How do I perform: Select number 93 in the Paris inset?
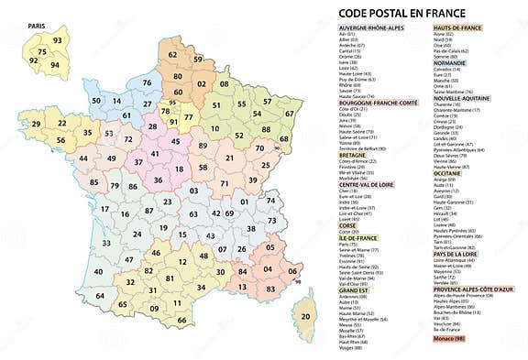click(58, 41)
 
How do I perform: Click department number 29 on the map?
click(36, 123)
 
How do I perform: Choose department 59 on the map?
click(198, 60)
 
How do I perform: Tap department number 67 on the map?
click(291, 113)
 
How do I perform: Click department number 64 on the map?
click(99, 296)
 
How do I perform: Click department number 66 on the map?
click(181, 320)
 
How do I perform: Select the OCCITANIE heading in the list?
click(450, 171)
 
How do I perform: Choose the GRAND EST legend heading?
click(355, 290)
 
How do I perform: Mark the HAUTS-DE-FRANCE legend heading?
click(456, 28)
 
